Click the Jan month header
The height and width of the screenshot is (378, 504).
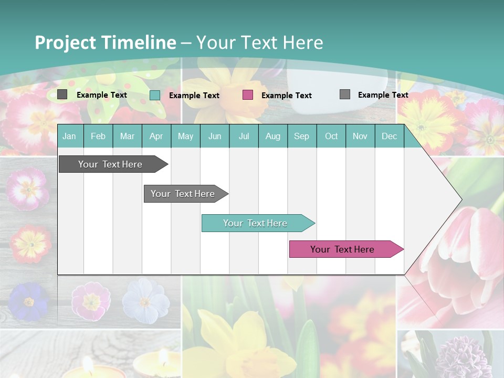pos(69,136)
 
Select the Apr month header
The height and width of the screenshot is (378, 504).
pos(156,136)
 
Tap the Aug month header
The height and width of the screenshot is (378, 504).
pos(273,136)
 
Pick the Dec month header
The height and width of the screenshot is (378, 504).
pos(390,136)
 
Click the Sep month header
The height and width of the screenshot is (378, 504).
pos(302,136)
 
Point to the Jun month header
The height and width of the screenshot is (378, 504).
pos(215,136)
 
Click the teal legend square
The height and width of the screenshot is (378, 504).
pos(155,95)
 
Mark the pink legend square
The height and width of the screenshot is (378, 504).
pos(248,95)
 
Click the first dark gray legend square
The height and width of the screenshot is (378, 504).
pos(62,94)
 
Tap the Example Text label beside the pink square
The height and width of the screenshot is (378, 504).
pos(287,96)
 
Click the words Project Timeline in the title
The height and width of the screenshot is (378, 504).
pos(105,43)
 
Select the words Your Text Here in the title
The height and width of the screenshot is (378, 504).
pos(260,43)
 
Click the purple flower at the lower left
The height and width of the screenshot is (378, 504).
pos(29,301)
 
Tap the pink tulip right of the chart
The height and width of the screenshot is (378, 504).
pos(467,247)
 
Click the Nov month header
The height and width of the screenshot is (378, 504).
pos(360,136)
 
